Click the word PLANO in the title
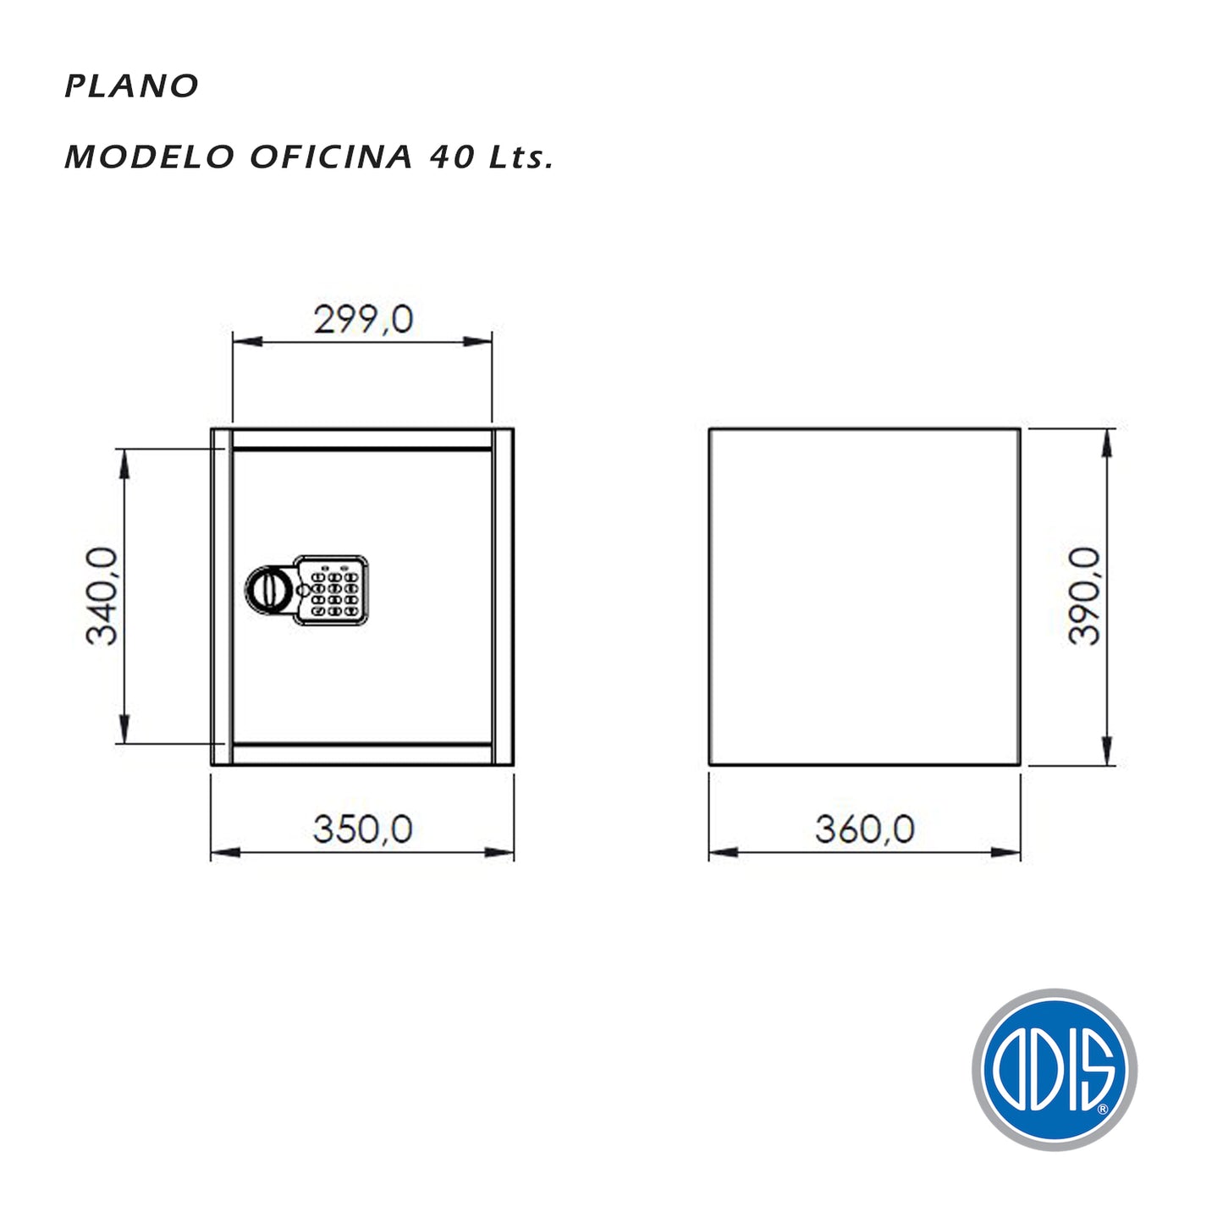click(132, 86)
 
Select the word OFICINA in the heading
click(331, 157)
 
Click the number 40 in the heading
click(452, 157)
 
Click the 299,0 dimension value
click(364, 319)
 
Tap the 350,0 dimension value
click(363, 829)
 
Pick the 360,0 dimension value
click(864, 829)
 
